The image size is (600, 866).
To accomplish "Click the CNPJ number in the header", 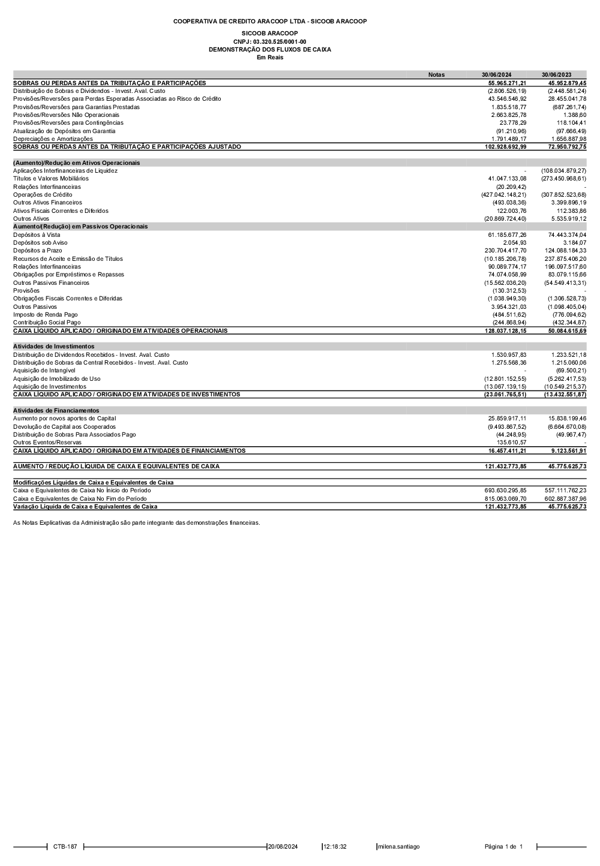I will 269,41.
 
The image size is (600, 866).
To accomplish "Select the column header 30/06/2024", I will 496,75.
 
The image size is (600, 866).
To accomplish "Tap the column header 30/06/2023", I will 556,75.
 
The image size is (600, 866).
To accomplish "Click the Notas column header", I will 436,75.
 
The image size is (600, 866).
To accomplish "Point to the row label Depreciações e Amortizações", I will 53,139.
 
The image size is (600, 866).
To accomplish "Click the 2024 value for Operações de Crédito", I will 503,195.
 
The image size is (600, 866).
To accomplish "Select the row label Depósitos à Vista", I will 37,235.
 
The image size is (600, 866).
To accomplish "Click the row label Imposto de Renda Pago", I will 46,315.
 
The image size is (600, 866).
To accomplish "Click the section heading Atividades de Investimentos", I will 54,347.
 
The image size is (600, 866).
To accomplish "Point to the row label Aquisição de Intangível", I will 44,371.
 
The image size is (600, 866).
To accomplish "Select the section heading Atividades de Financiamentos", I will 56,411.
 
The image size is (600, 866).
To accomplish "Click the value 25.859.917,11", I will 507,419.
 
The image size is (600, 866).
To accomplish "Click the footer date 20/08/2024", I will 283,847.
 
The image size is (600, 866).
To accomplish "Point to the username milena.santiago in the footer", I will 398,847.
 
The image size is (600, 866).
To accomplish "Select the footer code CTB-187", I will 65,847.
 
